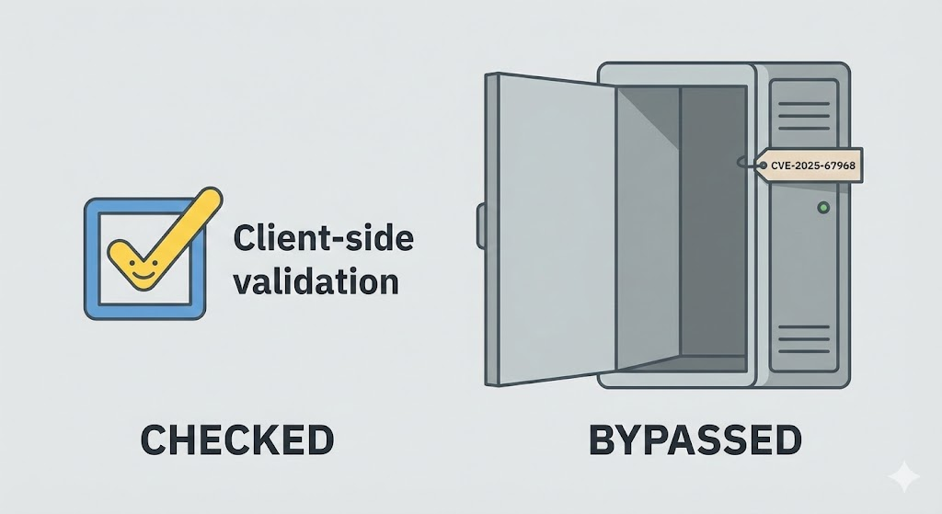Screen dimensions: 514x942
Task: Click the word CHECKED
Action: pos(236,440)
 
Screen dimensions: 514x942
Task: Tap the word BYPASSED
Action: pos(695,440)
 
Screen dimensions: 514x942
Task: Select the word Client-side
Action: pos(323,238)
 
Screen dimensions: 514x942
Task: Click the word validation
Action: pos(316,280)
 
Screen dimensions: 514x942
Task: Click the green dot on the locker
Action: pos(822,208)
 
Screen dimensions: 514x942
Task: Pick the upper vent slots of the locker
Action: pos(803,116)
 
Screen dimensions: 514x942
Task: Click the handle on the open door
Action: pos(480,225)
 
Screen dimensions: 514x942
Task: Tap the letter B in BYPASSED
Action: pos(603,440)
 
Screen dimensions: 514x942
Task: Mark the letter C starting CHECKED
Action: pos(156,440)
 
